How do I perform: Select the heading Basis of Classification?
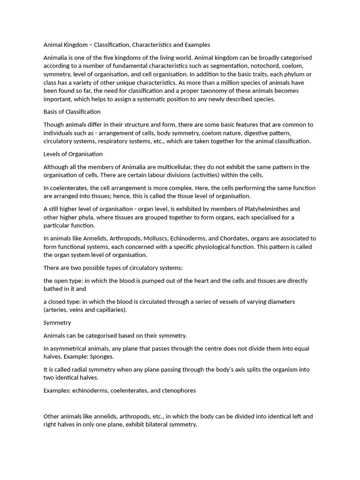72,112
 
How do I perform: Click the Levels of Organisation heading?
73,154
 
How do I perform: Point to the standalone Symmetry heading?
57,323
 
